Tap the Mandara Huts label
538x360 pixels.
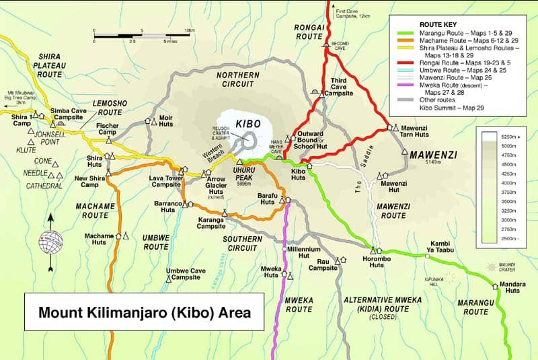[x=512, y=287]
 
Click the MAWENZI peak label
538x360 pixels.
[x=432, y=155]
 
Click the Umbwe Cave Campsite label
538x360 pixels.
[x=185, y=274]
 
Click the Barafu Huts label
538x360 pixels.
[x=268, y=199]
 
